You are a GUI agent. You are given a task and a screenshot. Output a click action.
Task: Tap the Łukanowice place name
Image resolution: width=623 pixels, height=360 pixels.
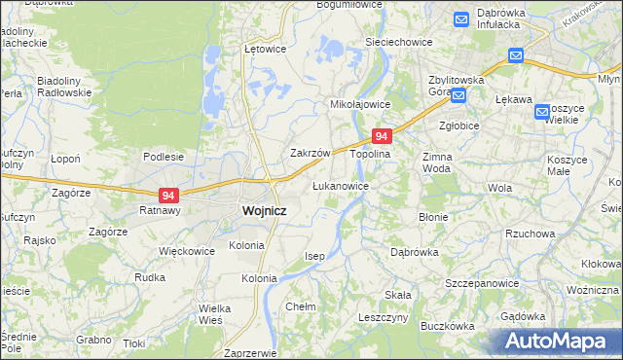(x=340, y=185)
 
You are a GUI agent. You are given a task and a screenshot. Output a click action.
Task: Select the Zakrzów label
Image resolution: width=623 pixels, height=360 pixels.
(x=311, y=153)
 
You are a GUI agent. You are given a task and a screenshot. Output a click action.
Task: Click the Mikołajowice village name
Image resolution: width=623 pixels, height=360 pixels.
(x=360, y=103)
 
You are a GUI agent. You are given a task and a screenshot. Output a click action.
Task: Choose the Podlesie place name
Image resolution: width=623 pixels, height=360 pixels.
(x=164, y=156)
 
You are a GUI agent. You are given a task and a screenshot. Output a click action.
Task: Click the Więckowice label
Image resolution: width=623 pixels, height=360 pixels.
(x=187, y=250)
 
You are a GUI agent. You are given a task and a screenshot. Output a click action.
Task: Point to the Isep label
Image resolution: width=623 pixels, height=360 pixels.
(x=313, y=255)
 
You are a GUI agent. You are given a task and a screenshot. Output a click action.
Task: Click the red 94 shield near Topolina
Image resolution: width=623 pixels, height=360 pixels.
(x=383, y=137)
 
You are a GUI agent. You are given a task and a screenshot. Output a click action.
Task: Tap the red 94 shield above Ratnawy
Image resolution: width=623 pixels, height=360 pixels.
(x=168, y=195)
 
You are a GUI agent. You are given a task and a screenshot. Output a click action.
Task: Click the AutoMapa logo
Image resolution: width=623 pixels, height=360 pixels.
(x=557, y=341)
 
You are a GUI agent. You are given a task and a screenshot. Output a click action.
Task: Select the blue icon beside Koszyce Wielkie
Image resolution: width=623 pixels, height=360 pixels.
(x=542, y=112)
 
